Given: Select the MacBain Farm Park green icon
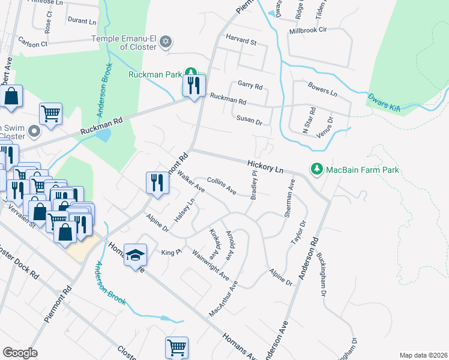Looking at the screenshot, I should point(316,170).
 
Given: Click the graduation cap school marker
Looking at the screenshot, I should point(136,255).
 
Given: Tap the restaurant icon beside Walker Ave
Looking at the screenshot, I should point(157,182).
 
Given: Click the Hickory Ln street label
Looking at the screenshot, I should point(265,167).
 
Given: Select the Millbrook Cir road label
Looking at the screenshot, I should point(307,29).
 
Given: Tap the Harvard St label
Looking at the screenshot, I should point(241,43).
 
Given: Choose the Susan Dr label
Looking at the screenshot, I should point(249,121).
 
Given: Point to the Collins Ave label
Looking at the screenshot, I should point(221,185).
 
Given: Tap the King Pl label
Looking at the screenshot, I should point(171,253).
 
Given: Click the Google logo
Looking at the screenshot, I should point(20,353).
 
